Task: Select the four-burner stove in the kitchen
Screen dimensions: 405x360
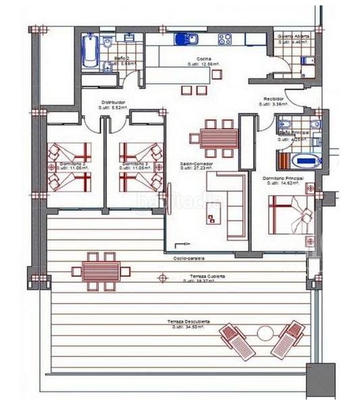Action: (x=225, y=40)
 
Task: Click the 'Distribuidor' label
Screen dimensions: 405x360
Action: (x=112, y=102)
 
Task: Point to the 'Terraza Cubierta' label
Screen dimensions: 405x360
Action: (x=207, y=277)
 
